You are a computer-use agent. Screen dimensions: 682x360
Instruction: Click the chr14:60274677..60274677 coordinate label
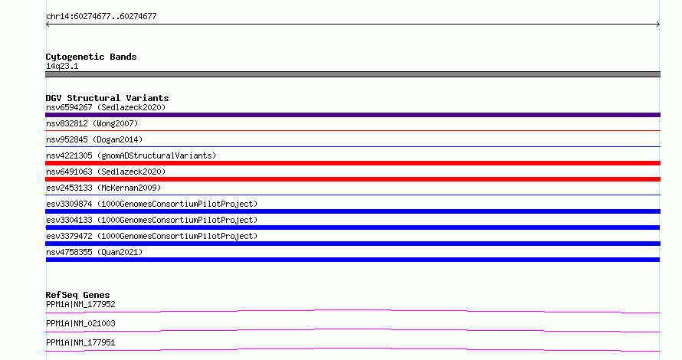[101, 17]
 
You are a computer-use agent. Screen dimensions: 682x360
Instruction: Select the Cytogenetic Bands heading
[91, 57]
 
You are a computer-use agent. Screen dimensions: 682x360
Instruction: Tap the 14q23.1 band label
[62, 66]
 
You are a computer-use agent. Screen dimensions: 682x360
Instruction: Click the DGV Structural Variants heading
[107, 98]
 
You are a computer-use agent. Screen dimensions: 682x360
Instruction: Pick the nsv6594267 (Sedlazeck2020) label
[106, 107]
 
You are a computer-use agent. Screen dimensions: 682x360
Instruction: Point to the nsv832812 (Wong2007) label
[92, 123]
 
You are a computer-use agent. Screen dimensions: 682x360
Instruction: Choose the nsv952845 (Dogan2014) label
[94, 139]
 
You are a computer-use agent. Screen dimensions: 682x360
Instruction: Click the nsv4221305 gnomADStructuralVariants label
[131, 155]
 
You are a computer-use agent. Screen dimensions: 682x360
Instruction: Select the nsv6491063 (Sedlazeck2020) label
[106, 172]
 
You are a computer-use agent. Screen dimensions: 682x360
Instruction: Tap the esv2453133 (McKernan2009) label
[103, 188]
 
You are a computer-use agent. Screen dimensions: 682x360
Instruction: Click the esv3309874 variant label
[152, 204]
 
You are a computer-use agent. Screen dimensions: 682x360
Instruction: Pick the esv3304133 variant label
[152, 220]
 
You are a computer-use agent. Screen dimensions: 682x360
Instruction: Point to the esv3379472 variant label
[152, 236]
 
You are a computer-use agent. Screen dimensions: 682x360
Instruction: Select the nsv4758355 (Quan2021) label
[94, 252]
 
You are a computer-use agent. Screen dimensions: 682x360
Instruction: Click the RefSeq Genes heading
[77, 295]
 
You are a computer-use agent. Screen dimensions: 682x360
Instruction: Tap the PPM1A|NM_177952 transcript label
[80, 304]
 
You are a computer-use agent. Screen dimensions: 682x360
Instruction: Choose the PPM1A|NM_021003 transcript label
[80, 323]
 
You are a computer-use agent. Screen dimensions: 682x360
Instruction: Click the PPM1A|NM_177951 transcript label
[80, 342]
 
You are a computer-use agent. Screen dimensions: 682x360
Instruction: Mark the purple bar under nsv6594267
[352, 115]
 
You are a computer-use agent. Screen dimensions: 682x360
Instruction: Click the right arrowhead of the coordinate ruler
[658, 25]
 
